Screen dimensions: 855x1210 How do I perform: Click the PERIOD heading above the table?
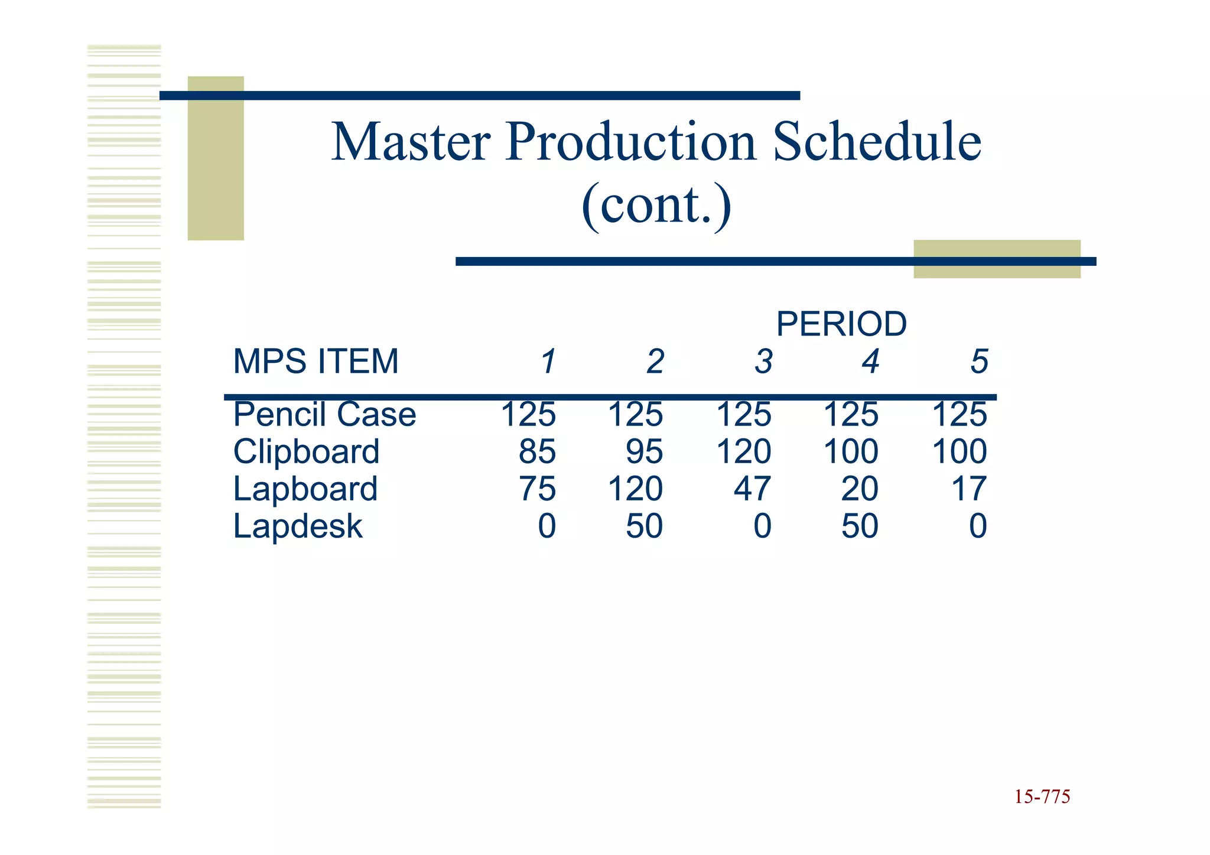point(841,324)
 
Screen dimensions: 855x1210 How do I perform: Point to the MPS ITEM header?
point(316,361)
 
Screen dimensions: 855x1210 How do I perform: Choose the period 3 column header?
point(763,362)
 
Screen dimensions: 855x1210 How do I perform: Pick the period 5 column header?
point(979,362)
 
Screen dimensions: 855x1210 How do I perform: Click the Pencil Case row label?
point(324,414)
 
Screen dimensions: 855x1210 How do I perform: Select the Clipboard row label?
point(306,452)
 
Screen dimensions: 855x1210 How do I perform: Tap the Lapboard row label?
point(305,489)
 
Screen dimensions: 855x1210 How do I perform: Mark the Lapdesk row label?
point(298,526)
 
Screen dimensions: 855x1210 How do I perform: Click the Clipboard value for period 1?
point(537,452)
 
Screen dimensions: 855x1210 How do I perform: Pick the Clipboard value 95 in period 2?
point(645,452)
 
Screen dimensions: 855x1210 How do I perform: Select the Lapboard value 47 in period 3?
point(752,489)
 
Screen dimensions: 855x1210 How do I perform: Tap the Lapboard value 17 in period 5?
point(969,489)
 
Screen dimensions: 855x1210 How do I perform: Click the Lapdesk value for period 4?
point(860,526)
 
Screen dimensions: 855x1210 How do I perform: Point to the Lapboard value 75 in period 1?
point(537,489)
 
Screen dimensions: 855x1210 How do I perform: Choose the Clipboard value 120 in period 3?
point(744,452)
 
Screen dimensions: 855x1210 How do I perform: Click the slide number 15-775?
point(1042,797)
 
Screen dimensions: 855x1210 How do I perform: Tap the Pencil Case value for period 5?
point(959,414)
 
